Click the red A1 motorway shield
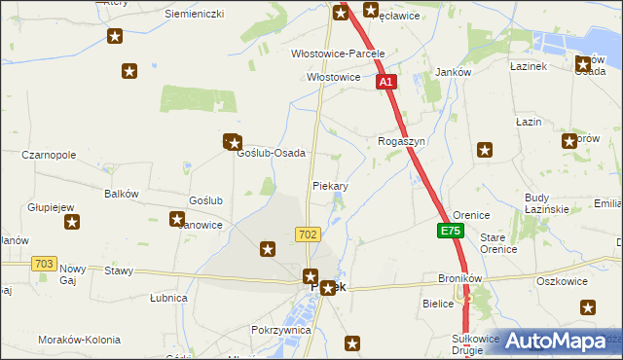(x=386, y=83)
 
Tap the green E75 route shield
(x=451, y=232)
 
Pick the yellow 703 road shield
(x=43, y=264)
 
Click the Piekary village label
(x=330, y=185)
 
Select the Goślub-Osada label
(x=272, y=154)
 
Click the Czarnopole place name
(x=49, y=155)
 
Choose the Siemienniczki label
(x=194, y=14)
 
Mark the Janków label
(x=454, y=73)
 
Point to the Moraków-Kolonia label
(x=79, y=340)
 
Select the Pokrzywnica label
(x=280, y=330)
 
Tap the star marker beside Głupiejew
(x=72, y=224)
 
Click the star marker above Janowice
(x=178, y=219)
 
